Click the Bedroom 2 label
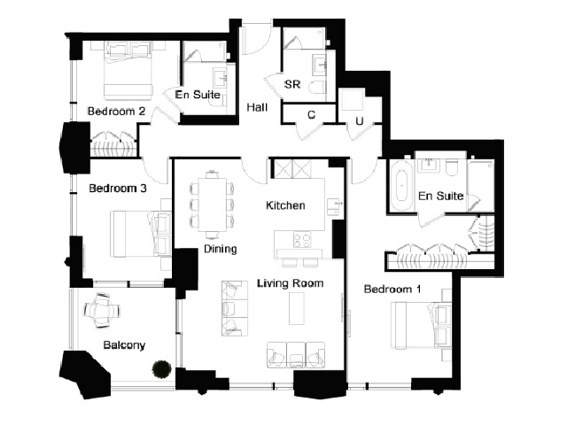click(x=116, y=111)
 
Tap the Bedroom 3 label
click(x=118, y=189)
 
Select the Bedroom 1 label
click(x=392, y=290)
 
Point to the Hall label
click(x=257, y=107)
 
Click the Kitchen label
click(x=285, y=205)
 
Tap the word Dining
click(x=221, y=249)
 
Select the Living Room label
click(x=290, y=283)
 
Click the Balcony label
click(x=124, y=345)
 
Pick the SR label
click(x=292, y=84)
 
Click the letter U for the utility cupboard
click(x=359, y=121)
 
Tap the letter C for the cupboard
click(x=311, y=114)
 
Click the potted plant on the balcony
click(x=161, y=369)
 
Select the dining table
click(x=213, y=205)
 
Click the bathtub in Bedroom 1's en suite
click(x=401, y=185)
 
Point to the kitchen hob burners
click(x=302, y=240)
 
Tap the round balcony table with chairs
click(x=102, y=310)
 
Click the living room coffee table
click(x=297, y=308)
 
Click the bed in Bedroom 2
click(x=128, y=71)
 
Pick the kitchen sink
click(x=334, y=206)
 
